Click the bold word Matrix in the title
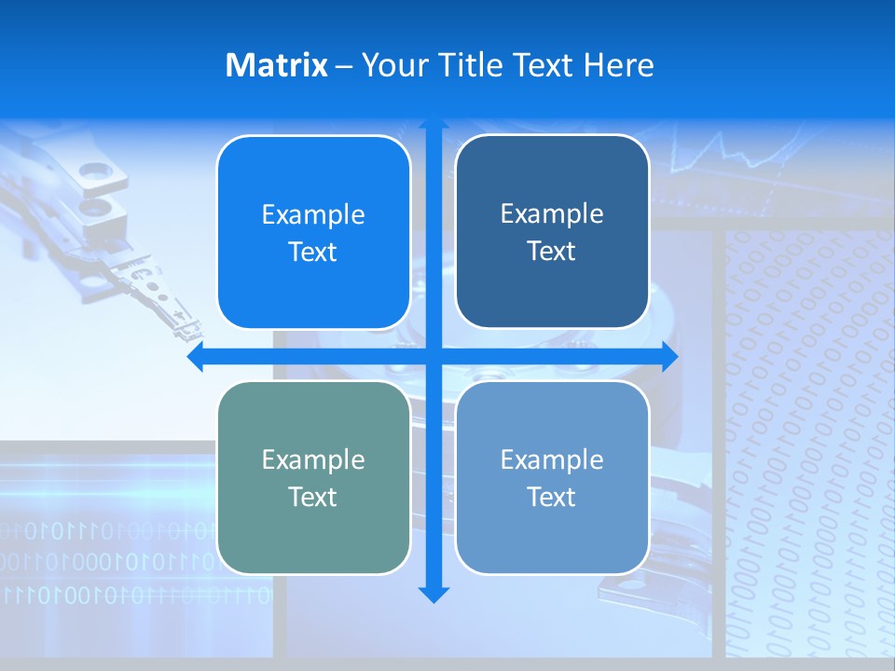(277, 65)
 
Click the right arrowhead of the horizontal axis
(668, 357)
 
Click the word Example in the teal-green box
(313, 459)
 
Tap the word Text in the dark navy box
(552, 252)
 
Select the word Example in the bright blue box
(313, 214)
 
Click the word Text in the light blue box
(552, 498)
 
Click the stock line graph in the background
(746, 154)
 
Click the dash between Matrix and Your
(344, 66)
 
